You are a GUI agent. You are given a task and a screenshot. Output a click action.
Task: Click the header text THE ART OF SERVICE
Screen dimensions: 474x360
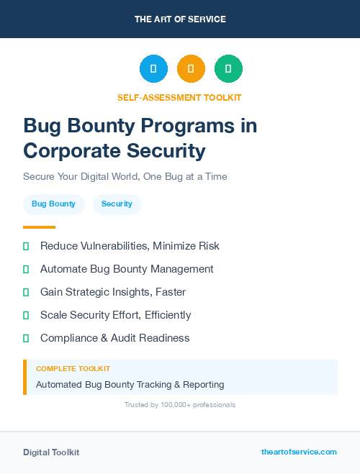(x=180, y=19)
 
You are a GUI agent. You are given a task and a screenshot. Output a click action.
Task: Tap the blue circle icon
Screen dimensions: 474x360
(x=153, y=69)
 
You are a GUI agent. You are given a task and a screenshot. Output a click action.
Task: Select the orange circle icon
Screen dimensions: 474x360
(x=191, y=69)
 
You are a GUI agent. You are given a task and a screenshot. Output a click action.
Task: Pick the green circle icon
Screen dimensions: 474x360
(x=228, y=69)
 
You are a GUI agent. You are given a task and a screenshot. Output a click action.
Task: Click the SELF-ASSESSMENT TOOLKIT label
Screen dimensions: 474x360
(x=179, y=97)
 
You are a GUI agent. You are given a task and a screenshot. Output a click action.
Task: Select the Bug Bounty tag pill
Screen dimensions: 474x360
(x=53, y=204)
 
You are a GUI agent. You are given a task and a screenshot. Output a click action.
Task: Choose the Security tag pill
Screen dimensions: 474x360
(x=117, y=204)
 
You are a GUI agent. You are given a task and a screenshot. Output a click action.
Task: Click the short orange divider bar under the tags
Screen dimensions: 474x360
(x=39, y=227)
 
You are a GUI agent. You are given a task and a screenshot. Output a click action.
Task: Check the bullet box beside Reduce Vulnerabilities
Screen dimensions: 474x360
(x=26, y=246)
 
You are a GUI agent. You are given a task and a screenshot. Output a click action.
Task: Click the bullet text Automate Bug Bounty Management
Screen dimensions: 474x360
(x=127, y=269)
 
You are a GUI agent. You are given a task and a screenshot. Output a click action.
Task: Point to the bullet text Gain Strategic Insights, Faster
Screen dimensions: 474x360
(x=113, y=292)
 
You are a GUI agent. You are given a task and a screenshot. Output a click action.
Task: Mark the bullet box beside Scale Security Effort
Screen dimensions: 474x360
(x=26, y=315)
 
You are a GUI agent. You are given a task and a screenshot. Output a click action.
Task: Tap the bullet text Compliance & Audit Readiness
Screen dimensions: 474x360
(x=115, y=338)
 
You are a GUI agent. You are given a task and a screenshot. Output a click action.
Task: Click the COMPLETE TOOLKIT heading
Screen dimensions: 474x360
(x=73, y=369)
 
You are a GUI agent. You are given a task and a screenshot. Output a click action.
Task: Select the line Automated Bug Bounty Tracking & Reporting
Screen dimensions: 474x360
(x=130, y=385)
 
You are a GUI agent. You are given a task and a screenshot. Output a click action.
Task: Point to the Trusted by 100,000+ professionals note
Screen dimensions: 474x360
(x=180, y=405)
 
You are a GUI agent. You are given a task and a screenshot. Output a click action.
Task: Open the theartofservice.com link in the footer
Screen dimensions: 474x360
(x=299, y=452)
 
